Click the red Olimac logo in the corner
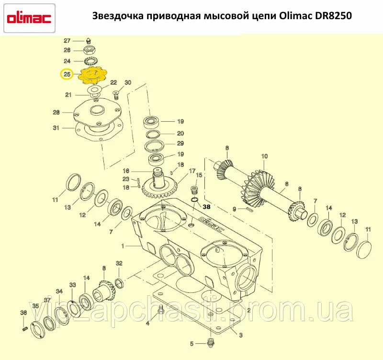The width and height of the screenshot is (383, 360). click(x=29, y=19)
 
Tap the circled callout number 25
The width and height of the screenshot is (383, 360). click(x=67, y=74)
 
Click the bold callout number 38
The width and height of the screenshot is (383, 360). click(x=206, y=207)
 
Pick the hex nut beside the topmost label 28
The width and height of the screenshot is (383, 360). click(x=90, y=50)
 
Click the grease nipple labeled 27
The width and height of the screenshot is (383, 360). click(x=89, y=41)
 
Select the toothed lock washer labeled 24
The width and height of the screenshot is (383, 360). click(x=90, y=60)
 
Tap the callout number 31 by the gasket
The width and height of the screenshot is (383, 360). click(x=56, y=128)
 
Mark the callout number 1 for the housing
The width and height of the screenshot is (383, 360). click(x=123, y=246)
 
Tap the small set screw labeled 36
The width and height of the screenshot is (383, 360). click(x=24, y=329)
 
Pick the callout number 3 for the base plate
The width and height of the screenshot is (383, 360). click(x=241, y=335)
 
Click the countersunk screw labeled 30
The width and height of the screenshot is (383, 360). click(x=116, y=94)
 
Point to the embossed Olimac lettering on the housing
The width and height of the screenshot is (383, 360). click(x=212, y=224)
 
